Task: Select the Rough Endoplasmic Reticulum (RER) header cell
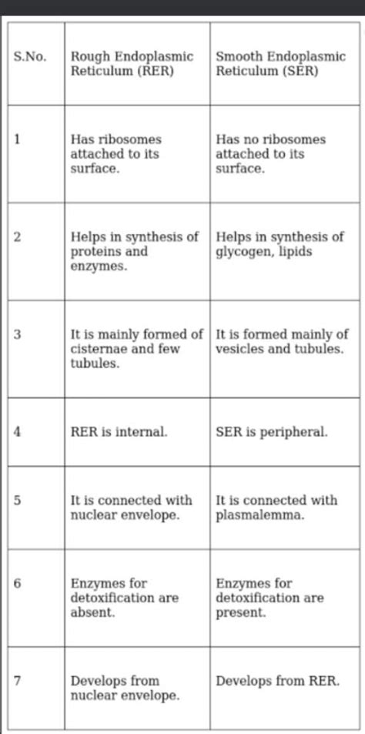[131, 64]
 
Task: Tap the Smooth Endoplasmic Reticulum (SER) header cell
[280, 64]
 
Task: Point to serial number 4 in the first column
[16, 432]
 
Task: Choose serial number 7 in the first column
[16, 681]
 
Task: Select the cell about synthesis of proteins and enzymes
[134, 251]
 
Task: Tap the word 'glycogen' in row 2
[243, 251]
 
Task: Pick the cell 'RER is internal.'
[119, 432]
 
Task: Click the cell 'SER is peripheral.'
[271, 432]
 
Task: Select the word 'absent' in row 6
[92, 612]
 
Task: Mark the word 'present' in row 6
[240, 612]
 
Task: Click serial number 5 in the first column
[16, 501]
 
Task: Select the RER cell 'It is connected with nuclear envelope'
[131, 508]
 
